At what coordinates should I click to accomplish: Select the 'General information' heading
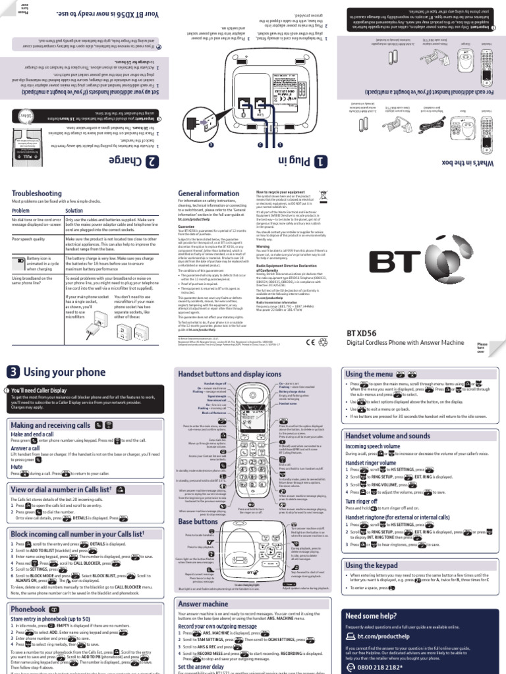tap(209, 193)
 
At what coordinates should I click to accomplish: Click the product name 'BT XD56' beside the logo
tap(360, 333)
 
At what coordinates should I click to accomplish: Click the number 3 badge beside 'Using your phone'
tap(13, 373)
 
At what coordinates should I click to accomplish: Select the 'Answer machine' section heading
tap(203, 584)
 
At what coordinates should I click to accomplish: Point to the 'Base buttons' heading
tap(198, 502)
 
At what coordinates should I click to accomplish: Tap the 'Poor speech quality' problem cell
tap(31, 240)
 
